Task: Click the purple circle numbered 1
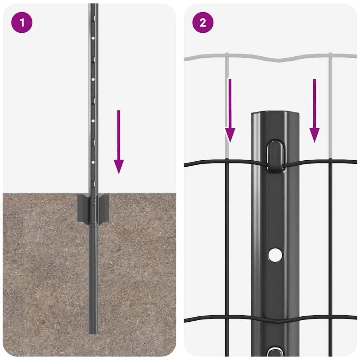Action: (22, 23)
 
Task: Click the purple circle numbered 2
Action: (203, 23)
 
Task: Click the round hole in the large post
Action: (275, 255)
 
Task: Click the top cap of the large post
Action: (275, 115)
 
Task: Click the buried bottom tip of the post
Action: (93, 330)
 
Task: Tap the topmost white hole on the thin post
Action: (93, 38)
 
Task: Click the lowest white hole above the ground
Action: (93, 162)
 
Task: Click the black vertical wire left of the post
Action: (227, 246)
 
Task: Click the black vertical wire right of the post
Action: (330, 246)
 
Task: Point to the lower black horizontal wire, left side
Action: (211, 319)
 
